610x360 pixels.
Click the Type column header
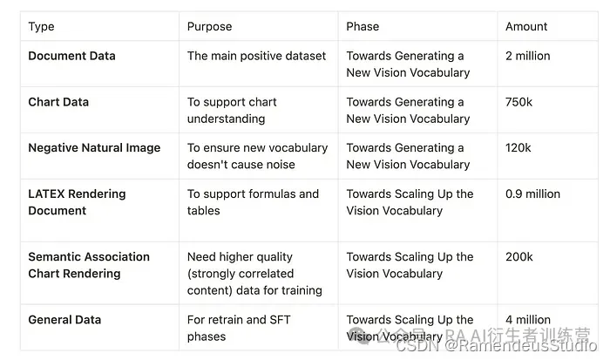(41, 27)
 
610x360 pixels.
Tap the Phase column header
(363, 27)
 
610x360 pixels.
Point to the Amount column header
(526, 27)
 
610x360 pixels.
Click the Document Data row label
(71, 56)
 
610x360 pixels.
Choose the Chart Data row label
(58, 102)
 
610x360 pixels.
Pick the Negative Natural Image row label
(94, 148)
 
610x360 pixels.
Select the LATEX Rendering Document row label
(77, 202)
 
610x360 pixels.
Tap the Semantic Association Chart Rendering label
(89, 265)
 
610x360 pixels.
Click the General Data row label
(64, 320)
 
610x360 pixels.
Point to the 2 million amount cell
(527, 56)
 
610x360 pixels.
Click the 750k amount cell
(518, 102)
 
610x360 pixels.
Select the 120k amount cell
(518, 148)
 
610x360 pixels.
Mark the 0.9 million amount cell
(532, 194)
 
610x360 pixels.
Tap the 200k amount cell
(519, 257)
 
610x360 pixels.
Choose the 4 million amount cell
(528, 320)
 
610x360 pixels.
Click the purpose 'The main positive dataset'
(256, 56)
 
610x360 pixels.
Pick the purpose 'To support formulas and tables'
(253, 202)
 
